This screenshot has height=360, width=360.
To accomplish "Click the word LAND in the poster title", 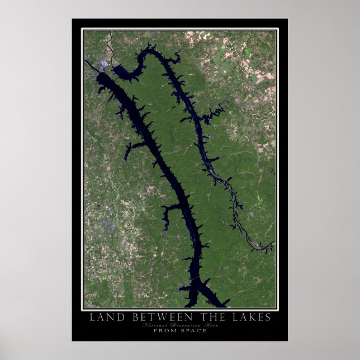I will click(105, 318).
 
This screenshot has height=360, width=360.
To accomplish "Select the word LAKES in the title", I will click(249, 318).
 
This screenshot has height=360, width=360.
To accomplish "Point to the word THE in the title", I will click(209, 318).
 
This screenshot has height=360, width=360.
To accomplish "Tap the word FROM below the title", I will click(165, 330).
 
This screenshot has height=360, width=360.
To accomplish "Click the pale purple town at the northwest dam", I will click(104, 66).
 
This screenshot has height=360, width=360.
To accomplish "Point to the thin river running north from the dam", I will click(110, 45).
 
